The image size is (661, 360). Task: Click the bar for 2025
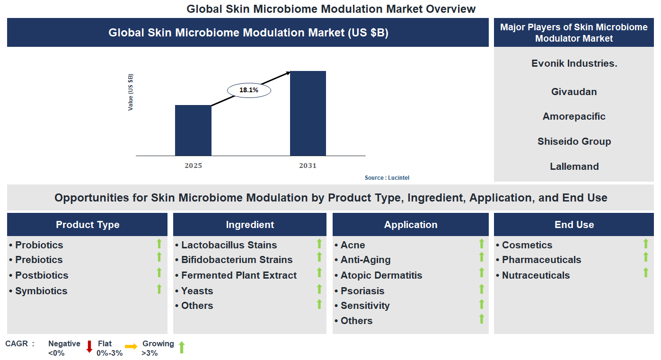pos(193,130)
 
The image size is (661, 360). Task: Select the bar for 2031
pos(308,113)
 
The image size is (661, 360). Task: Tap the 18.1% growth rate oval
pos(249,90)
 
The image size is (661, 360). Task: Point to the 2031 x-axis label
pos(308,166)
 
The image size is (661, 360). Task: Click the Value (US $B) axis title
pos(131,92)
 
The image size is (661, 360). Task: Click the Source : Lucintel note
pos(387,178)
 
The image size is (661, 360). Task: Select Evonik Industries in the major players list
pos(574,63)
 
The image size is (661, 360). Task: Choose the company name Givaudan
pos(574,92)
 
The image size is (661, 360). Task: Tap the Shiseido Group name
pos(574,141)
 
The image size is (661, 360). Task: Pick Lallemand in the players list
pos(574,167)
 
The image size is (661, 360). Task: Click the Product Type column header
pos(88,225)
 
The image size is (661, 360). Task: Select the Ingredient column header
pos(250,225)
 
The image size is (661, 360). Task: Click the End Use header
pos(574,225)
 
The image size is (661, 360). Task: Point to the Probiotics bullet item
pos(39,245)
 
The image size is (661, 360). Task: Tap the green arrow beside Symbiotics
pos(159,289)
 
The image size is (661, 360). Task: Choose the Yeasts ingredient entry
pos(197,291)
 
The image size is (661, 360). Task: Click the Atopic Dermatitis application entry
pos(381,275)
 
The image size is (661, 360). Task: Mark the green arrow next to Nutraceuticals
pos(645,272)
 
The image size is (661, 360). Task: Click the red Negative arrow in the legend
pos(89,347)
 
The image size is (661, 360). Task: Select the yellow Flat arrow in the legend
pos(131,347)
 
